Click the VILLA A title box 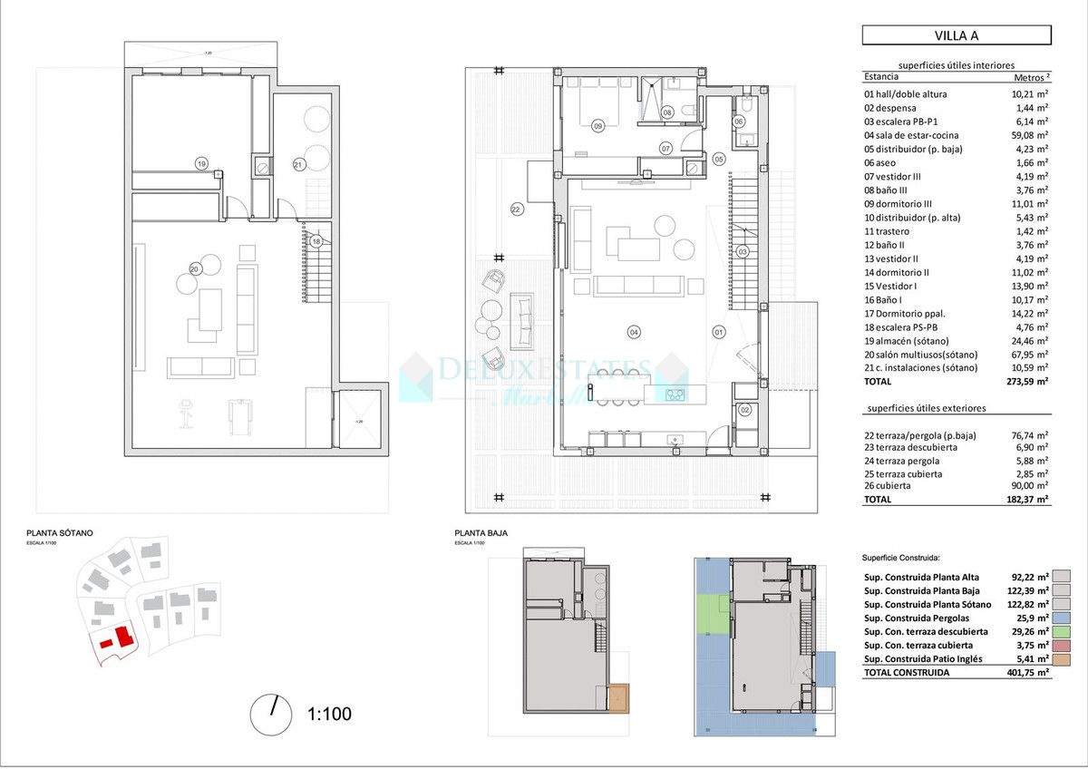(956, 35)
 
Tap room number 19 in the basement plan (201, 163)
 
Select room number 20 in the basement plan (195, 268)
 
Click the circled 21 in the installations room (298, 164)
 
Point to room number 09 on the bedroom (597, 126)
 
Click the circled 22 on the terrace (517, 209)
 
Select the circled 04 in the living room (634, 332)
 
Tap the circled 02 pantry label (745, 410)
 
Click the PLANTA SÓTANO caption (59, 533)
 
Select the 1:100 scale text (329, 715)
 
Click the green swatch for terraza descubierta (1061, 631)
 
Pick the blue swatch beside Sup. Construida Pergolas (1061, 618)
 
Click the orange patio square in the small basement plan (619, 698)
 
